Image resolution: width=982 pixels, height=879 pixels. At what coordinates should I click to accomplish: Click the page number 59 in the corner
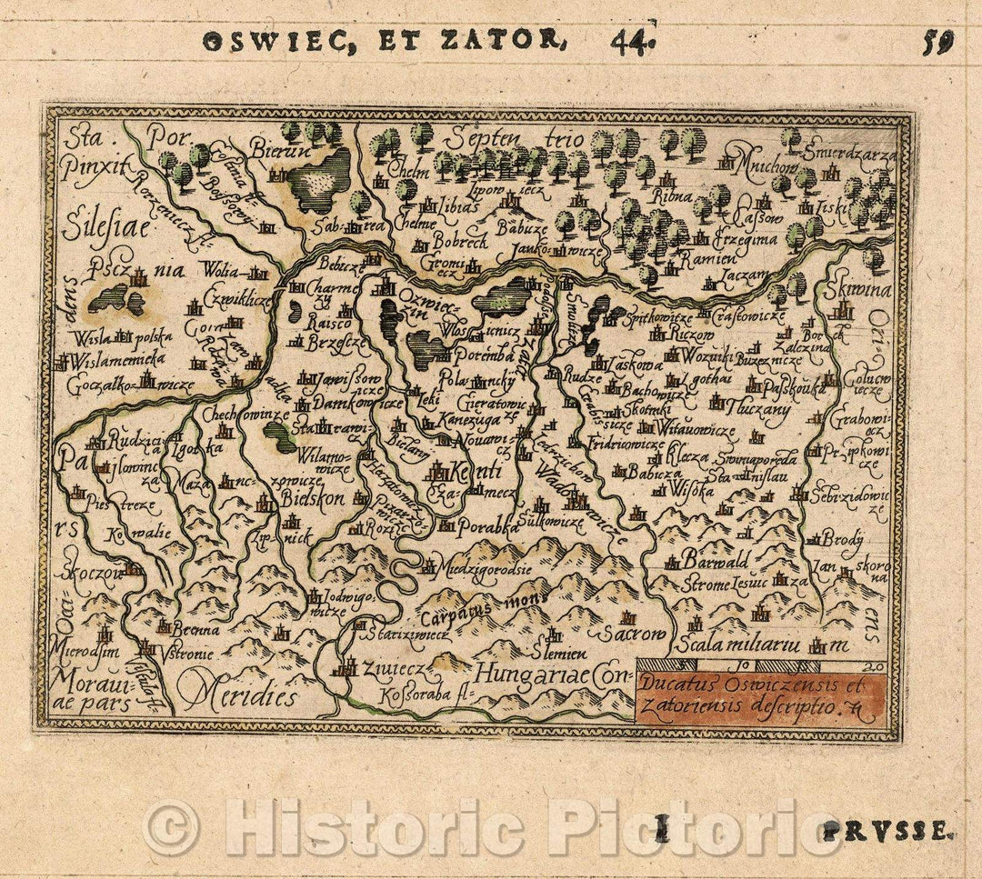tap(937, 43)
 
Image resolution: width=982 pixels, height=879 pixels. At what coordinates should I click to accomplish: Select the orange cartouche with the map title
tap(760, 696)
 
